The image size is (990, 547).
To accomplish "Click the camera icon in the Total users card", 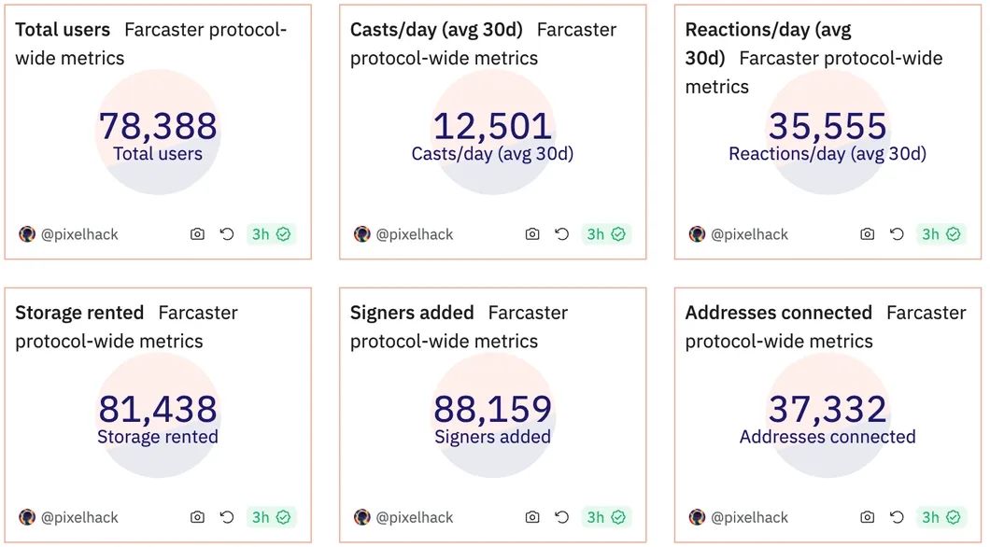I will click(x=197, y=234).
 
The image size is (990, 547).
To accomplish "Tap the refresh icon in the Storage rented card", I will click(x=227, y=517).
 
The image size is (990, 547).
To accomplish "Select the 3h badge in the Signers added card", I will click(x=606, y=517).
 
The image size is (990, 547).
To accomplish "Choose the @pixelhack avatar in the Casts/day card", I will click(x=362, y=234).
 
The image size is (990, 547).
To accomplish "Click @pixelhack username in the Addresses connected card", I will click(x=749, y=517).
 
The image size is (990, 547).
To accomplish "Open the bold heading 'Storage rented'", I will click(x=79, y=313).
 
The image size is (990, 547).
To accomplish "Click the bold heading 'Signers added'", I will click(x=412, y=313).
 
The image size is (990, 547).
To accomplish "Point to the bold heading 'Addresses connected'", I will click(x=778, y=313).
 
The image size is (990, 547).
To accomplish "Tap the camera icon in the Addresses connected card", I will click(x=867, y=517).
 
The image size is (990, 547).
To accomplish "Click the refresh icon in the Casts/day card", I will click(x=562, y=234).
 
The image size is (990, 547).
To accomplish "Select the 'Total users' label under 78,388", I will click(x=158, y=154).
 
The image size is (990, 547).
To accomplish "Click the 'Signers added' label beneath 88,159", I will click(x=492, y=437).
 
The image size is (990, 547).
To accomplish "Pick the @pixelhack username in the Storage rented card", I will click(x=79, y=517).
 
